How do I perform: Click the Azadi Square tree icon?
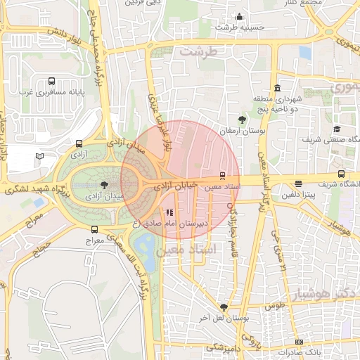pos(104,184)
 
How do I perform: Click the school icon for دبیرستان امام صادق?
pos(168,212)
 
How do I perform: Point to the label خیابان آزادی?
pos(173,185)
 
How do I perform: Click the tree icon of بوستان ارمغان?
pos(243,120)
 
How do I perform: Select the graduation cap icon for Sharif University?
pos(337,129)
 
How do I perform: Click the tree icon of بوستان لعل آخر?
pos(224,307)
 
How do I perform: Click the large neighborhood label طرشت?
pos(200,51)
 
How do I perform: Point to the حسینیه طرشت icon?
pos(240,16)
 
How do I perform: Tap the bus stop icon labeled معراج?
pos(95,229)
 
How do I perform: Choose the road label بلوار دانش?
pos(67,34)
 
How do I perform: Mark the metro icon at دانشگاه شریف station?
pos(342,174)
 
